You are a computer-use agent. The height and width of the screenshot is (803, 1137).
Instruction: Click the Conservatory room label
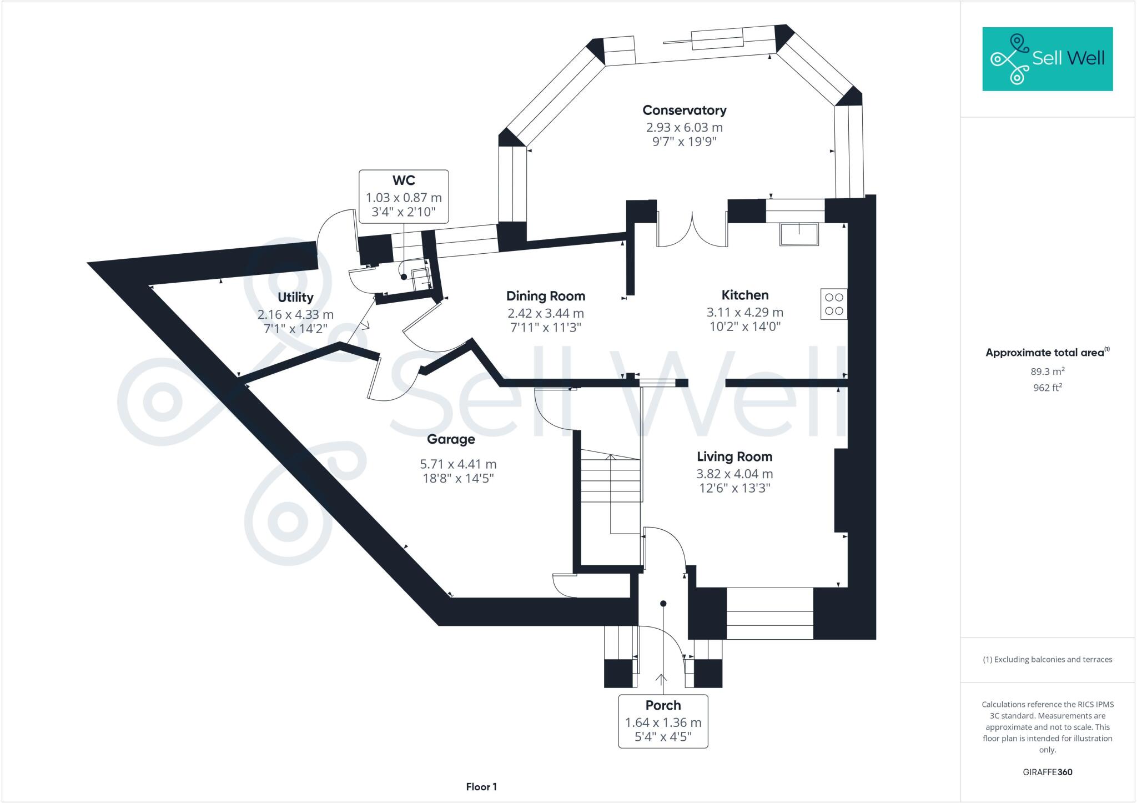(x=684, y=111)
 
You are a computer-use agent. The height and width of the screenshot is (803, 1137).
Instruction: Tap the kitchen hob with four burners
(x=834, y=304)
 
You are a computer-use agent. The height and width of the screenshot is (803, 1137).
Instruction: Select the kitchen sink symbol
(x=799, y=234)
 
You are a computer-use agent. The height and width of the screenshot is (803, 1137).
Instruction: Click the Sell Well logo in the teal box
(x=1047, y=59)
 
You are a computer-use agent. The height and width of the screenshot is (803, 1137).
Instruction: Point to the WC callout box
(x=404, y=197)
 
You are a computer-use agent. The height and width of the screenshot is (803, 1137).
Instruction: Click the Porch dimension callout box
(x=663, y=721)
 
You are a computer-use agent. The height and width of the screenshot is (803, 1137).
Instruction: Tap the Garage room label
(x=451, y=439)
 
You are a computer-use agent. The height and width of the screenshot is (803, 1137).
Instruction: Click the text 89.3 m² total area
(x=1047, y=372)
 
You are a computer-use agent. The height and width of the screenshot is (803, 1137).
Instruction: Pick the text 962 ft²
(x=1047, y=388)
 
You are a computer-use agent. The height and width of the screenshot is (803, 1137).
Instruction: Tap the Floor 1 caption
(x=481, y=786)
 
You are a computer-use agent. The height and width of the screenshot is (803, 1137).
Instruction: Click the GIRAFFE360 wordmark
(x=1047, y=772)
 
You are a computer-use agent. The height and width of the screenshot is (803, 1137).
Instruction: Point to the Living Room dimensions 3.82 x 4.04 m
(x=734, y=474)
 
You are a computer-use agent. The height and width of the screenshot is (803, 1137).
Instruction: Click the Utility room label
(x=295, y=297)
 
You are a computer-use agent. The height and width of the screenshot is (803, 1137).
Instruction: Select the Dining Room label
(x=545, y=296)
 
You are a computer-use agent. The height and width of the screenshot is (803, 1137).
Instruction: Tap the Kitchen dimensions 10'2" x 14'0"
(x=745, y=327)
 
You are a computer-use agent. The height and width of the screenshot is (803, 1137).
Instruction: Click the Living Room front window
(x=769, y=613)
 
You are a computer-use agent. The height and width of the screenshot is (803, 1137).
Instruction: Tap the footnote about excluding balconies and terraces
(x=1047, y=660)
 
